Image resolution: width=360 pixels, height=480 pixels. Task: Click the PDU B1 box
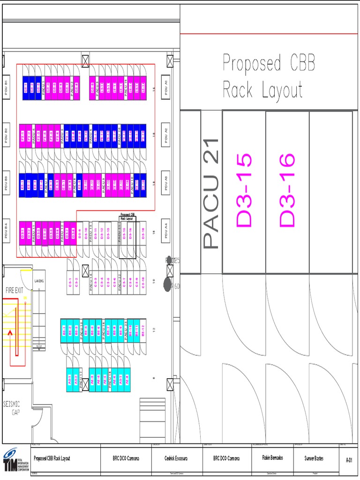(x=6, y=87)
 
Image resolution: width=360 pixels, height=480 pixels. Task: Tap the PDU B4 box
(x=6, y=231)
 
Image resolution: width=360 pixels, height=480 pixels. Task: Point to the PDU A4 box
(x=165, y=231)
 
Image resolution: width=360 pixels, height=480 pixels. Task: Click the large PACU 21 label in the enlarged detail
(x=211, y=193)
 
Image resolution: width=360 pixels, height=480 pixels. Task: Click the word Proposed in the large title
(x=252, y=63)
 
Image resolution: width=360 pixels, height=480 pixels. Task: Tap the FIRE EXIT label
(x=14, y=291)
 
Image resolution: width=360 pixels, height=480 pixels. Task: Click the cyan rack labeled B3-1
(x=64, y=330)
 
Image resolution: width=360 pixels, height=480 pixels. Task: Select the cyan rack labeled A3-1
(x=70, y=380)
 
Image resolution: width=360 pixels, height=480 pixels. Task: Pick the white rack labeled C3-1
(x=70, y=283)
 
